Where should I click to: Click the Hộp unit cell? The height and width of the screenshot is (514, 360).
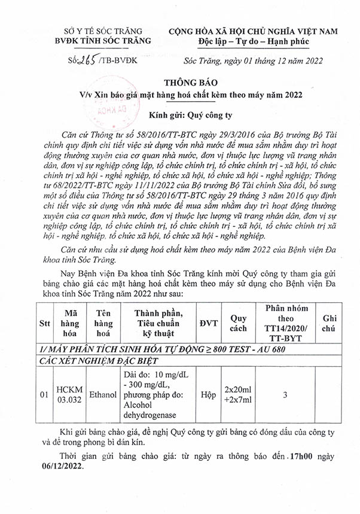tap(209, 395)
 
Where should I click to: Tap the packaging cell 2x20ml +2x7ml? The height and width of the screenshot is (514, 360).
tap(238, 395)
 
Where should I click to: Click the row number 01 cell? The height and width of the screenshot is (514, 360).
tap(43, 395)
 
